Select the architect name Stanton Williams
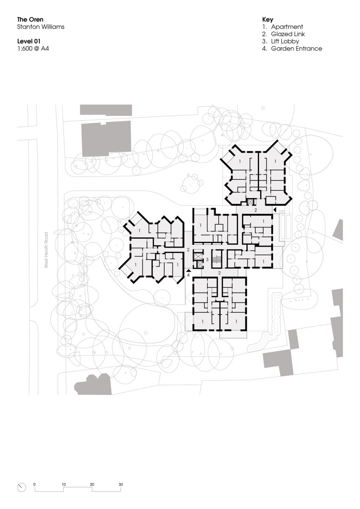tap(41, 27)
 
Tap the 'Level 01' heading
tap(29, 42)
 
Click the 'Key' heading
tap(267, 20)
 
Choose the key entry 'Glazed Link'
tap(287, 34)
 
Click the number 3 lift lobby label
tap(207, 260)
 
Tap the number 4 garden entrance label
tap(188, 274)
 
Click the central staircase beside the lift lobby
tap(217, 259)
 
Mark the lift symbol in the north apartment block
tap(251, 202)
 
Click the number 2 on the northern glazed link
tap(255, 210)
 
